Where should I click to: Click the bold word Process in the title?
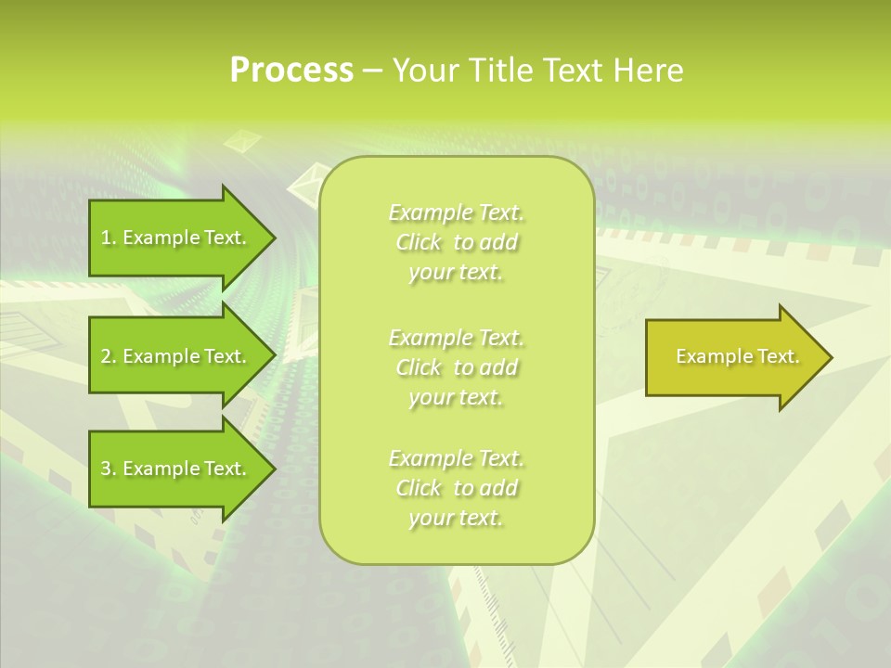(x=291, y=71)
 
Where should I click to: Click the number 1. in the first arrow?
(x=108, y=238)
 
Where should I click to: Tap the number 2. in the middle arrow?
(x=108, y=356)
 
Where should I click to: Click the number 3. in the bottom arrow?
(x=108, y=469)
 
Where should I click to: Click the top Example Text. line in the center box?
(x=456, y=213)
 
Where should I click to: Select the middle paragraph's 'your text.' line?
(x=456, y=397)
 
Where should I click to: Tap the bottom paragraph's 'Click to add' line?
(x=456, y=488)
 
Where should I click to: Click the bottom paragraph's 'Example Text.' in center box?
(x=456, y=458)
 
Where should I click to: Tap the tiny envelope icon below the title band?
(x=246, y=140)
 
